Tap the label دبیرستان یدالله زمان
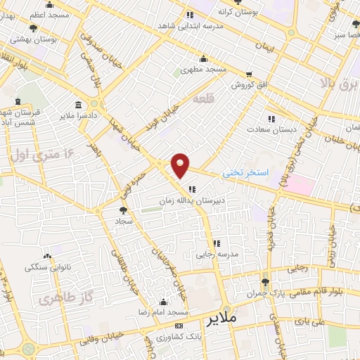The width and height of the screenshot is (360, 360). tap(192, 200)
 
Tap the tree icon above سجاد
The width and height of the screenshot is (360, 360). tap(123, 209)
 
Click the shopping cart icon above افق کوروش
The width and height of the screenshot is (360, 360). tap(249, 73)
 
